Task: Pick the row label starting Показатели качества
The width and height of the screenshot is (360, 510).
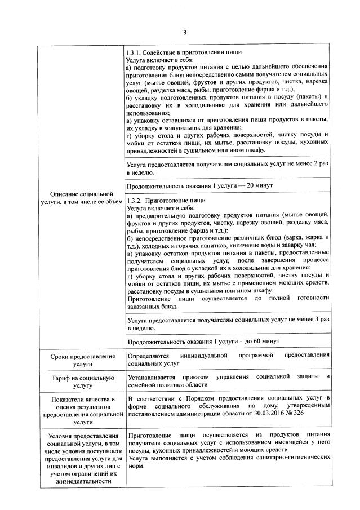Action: (x=82, y=410)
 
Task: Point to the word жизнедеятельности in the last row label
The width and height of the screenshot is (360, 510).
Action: (x=82, y=481)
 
